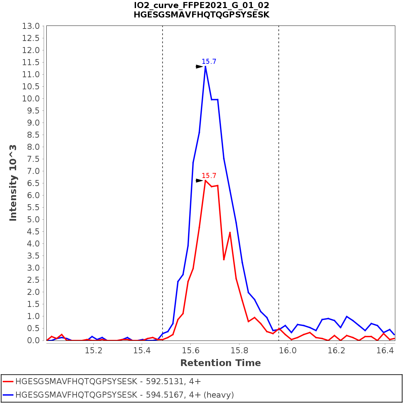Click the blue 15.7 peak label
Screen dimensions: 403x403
[x=209, y=61]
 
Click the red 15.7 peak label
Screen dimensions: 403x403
[x=209, y=176]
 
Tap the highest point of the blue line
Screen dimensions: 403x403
[x=205, y=66]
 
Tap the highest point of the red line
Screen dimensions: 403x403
[x=205, y=181]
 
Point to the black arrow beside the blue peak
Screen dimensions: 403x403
[x=199, y=66]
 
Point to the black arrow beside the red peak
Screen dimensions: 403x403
[x=199, y=181]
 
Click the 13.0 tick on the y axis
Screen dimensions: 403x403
[x=31, y=26]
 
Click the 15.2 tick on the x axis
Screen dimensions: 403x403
[x=94, y=351]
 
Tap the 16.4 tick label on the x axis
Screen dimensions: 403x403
[x=385, y=351]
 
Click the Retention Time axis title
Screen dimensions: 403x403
[x=220, y=363]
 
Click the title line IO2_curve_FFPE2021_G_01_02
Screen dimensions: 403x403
[x=201, y=5]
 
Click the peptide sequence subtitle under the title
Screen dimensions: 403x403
[x=201, y=15]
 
